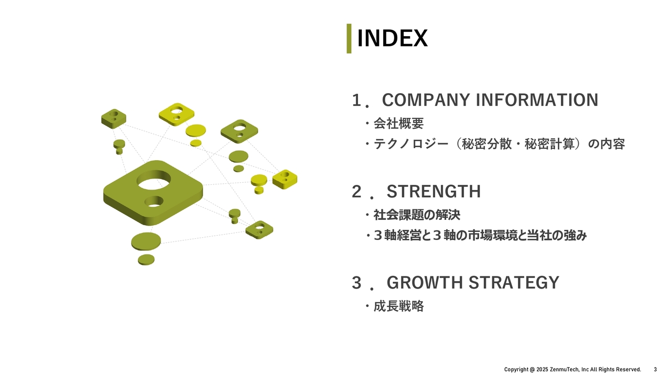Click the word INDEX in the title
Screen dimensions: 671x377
coord(393,38)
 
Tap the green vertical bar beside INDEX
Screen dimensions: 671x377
coord(349,38)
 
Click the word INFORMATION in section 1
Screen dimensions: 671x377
coord(537,100)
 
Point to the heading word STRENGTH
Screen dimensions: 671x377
coord(434,192)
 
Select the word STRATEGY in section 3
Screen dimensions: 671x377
coord(514,282)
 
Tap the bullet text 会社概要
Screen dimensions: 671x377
coord(399,123)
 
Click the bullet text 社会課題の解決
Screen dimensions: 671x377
coord(417,215)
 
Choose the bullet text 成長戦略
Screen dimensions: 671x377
coord(399,306)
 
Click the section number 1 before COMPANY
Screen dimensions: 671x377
coord(356,100)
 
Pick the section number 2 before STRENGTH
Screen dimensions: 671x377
coord(356,192)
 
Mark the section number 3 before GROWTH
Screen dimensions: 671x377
coord(356,283)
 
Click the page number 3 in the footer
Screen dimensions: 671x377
coord(655,370)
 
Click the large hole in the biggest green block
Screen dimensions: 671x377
coord(154,180)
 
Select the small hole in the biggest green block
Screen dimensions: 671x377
coord(154,202)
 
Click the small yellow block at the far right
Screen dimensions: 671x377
coord(285,179)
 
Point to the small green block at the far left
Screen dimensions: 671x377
coord(114,118)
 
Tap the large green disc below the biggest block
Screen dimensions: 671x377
coord(146,241)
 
